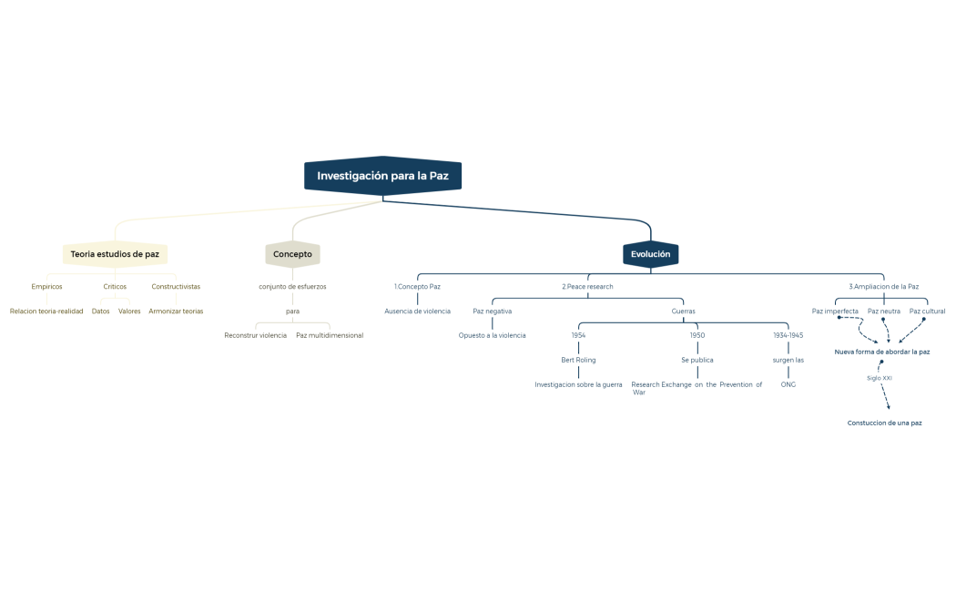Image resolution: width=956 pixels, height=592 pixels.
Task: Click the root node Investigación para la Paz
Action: pyautogui.click(x=382, y=175)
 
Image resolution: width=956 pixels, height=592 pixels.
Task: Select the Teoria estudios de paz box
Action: pyautogui.click(x=115, y=254)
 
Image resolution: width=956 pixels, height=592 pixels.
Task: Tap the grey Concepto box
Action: pyautogui.click(x=292, y=254)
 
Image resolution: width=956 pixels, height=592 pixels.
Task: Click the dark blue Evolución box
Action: pyautogui.click(x=650, y=254)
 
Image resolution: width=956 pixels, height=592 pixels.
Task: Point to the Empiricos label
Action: pyautogui.click(x=46, y=286)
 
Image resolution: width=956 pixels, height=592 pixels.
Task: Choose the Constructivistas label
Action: pyautogui.click(x=176, y=286)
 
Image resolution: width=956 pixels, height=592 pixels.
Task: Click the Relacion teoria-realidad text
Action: pyautogui.click(x=46, y=311)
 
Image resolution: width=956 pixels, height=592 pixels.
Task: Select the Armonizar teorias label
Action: pyautogui.click(x=176, y=311)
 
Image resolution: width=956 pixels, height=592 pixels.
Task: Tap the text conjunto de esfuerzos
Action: pyautogui.click(x=292, y=286)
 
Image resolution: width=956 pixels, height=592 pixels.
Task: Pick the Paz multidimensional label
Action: pyautogui.click(x=330, y=335)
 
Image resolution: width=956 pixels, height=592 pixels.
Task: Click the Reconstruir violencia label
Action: pyautogui.click(x=256, y=335)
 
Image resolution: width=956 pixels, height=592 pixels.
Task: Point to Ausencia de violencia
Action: pyautogui.click(x=417, y=311)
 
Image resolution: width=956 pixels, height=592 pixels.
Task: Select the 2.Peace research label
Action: pyautogui.click(x=587, y=286)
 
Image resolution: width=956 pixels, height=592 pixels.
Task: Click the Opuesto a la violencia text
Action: pyautogui.click(x=492, y=335)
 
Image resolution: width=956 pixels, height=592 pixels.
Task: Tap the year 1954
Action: pyautogui.click(x=578, y=335)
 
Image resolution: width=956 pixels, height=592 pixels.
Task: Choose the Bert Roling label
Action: pyautogui.click(x=578, y=360)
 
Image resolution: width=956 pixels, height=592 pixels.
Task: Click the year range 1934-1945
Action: pyautogui.click(x=788, y=335)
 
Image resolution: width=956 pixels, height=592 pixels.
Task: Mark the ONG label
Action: pyautogui.click(x=788, y=384)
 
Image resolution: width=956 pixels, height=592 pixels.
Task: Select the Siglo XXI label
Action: pyautogui.click(x=880, y=377)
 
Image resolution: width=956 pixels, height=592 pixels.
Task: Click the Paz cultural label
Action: pyautogui.click(x=927, y=311)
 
